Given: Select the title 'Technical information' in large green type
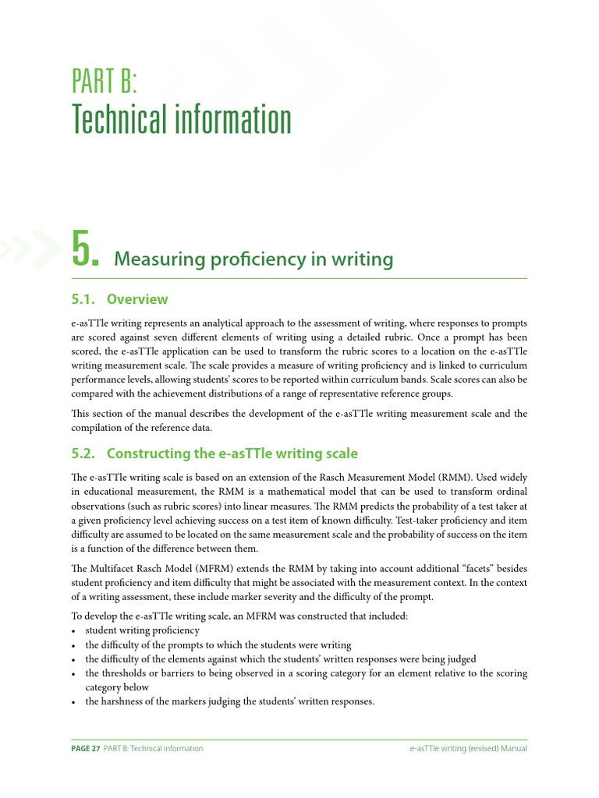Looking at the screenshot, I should tap(182, 120).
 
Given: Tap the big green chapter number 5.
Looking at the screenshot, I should tap(84, 249).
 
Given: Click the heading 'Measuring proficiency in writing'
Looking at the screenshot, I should tap(253, 259).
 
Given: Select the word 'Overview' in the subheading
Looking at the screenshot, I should tap(137, 299).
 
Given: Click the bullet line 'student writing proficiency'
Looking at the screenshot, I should tap(143, 630).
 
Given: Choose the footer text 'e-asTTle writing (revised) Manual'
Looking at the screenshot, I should tap(469, 749).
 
